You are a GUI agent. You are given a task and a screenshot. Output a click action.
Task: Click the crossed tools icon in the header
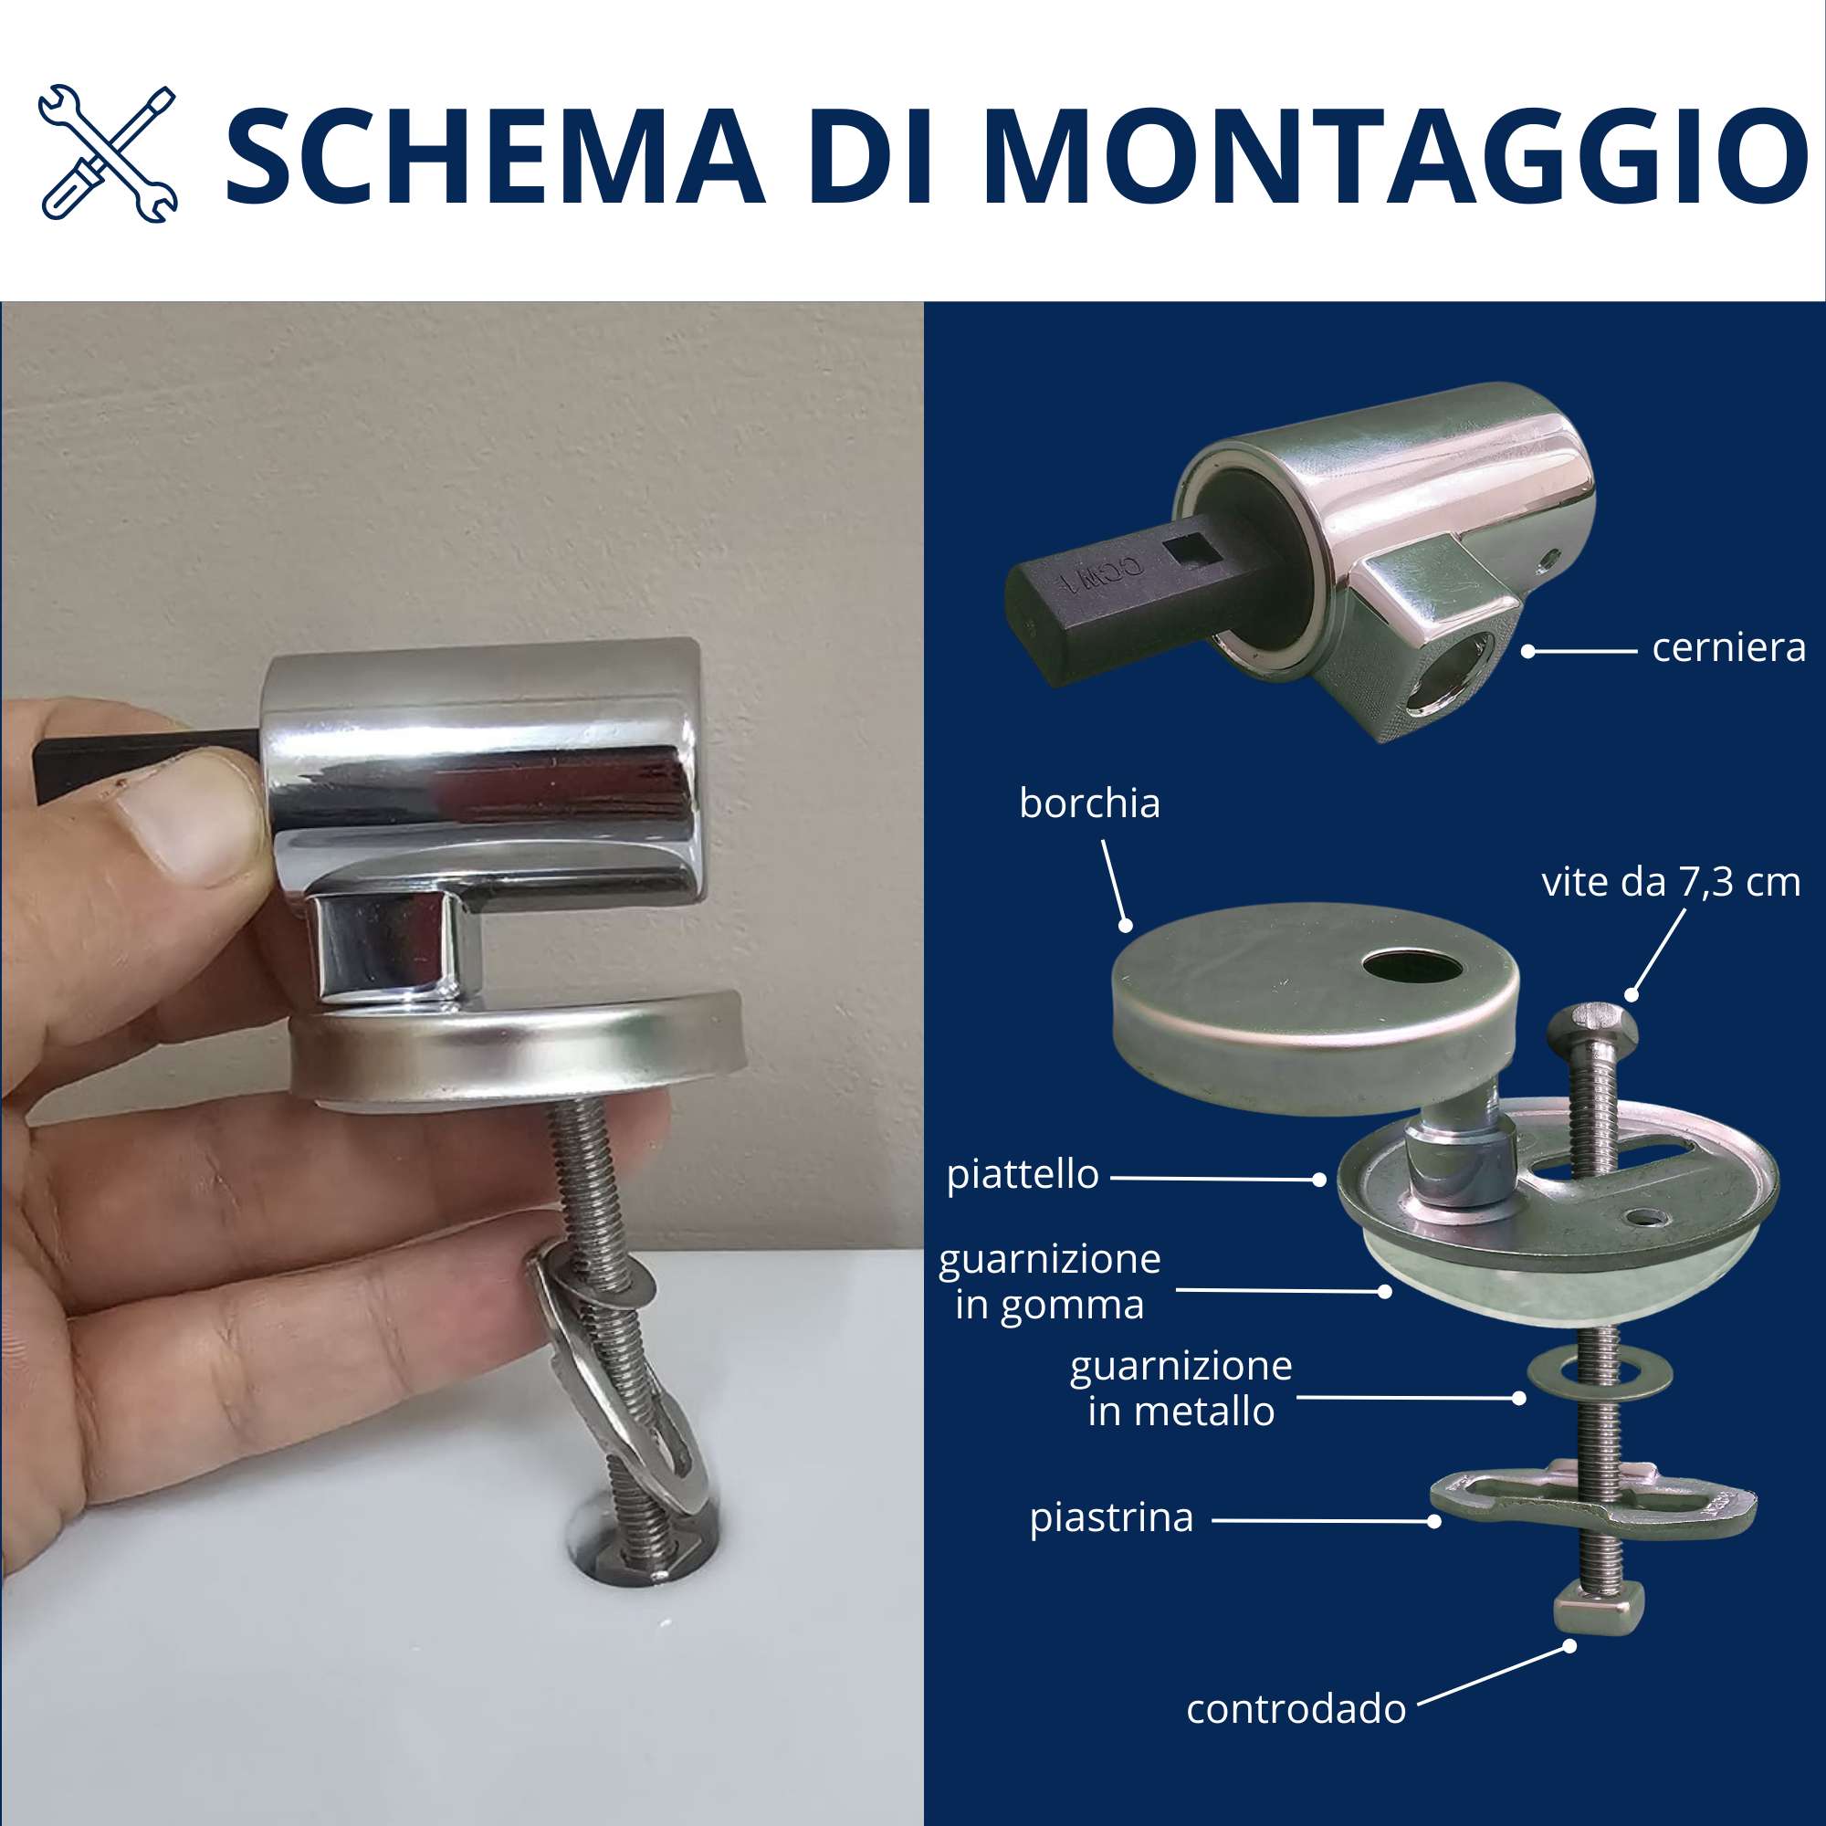click(x=108, y=154)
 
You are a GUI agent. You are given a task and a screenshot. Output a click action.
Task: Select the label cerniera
click(x=1728, y=648)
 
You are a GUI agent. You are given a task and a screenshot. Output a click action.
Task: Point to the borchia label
click(x=1089, y=803)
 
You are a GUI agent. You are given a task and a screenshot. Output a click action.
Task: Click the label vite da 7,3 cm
click(x=1671, y=882)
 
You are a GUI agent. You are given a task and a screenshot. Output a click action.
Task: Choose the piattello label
click(x=1023, y=1175)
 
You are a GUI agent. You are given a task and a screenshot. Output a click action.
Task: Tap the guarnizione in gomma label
click(x=1049, y=1283)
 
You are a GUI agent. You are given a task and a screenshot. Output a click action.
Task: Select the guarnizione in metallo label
click(x=1181, y=1390)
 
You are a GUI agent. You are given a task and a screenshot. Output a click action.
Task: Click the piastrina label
click(x=1111, y=1519)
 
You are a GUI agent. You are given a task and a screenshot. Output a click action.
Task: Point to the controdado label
click(x=1296, y=1709)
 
